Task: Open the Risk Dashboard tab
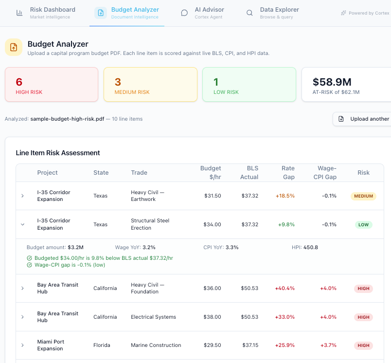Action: tap(46, 13)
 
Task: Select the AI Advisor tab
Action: tap(202, 13)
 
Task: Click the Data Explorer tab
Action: tap(273, 13)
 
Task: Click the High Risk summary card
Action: tap(52, 84)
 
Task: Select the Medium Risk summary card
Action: tap(150, 84)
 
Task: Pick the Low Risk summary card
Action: tap(249, 84)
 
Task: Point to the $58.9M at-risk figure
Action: tap(332, 82)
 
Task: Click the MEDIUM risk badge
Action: tap(363, 196)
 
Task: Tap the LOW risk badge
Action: tap(363, 225)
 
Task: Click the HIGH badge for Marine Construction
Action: tap(363, 345)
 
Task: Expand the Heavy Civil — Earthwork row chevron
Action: tap(22, 196)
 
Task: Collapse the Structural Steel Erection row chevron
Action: tap(22, 224)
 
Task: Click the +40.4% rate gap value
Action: tap(284, 289)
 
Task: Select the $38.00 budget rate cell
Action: tap(212, 317)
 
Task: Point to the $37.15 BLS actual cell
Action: tap(250, 345)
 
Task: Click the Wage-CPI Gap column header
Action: tap(325, 173)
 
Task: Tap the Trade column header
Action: tap(139, 173)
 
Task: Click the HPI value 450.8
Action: tap(311, 248)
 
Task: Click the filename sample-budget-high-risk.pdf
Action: tap(67, 119)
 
